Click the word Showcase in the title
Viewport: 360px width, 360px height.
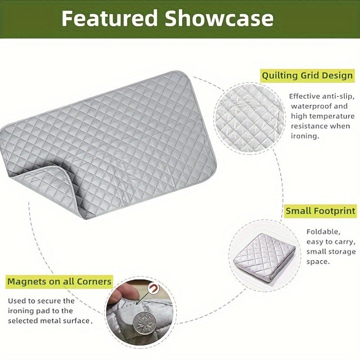(x=219, y=18)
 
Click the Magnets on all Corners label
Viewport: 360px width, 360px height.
(x=59, y=282)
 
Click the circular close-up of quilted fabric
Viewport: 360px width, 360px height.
(x=249, y=110)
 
